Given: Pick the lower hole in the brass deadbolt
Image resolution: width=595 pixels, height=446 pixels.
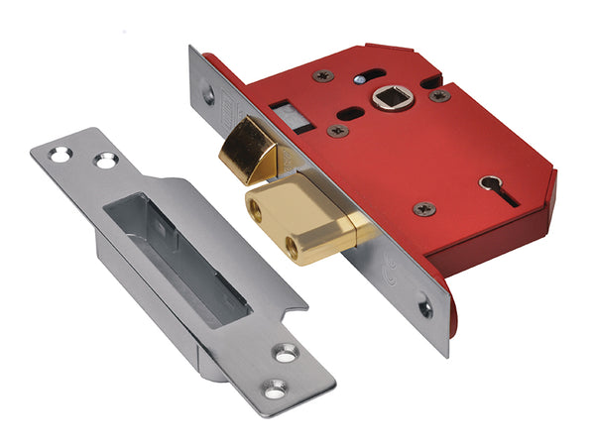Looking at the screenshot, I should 297,241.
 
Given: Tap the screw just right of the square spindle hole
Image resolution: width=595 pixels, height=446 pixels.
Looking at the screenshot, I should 437,96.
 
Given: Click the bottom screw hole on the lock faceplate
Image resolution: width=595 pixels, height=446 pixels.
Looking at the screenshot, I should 425,309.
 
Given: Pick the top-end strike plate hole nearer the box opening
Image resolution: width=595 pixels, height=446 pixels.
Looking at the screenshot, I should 102,160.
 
